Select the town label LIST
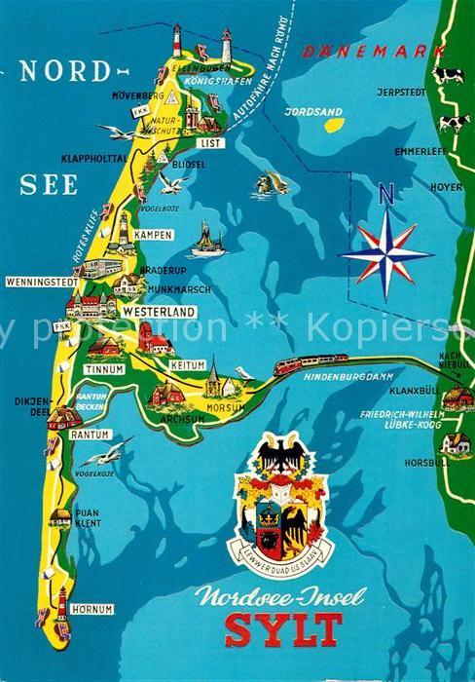click(x=209, y=142)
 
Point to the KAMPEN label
click(x=153, y=235)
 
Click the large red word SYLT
click(x=283, y=629)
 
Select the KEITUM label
click(x=188, y=364)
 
